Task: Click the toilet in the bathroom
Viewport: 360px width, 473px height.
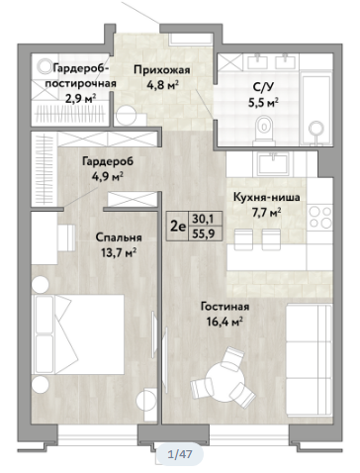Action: [x=264, y=131]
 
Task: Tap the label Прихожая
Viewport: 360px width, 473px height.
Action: [x=162, y=70]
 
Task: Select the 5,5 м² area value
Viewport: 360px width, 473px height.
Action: [x=262, y=103]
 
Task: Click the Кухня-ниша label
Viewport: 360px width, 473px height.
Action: [x=266, y=198]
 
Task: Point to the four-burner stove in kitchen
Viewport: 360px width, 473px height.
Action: [x=320, y=218]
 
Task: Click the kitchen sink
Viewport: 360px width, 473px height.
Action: [x=273, y=164]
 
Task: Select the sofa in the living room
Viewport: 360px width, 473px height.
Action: [x=309, y=360]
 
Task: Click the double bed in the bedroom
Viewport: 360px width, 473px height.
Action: [x=78, y=334]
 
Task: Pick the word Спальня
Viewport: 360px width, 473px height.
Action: [x=119, y=237]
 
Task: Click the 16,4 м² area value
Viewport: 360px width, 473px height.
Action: [x=225, y=321]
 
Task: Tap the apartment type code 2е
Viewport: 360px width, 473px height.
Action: [x=177, y=226]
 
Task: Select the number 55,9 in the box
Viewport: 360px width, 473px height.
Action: [x=204, y=234]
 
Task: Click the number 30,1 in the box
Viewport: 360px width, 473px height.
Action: [x=204, y=219]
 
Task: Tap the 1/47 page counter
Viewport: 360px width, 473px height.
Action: [x=180, y=454]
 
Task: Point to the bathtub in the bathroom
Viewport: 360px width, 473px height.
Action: [x=315, y=110]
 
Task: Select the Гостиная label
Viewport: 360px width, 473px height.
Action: [x=225, y=307]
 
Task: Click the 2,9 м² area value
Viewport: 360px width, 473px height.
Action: [x=80, y=98]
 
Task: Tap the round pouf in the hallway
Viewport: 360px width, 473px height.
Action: [x=127, y=116]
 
